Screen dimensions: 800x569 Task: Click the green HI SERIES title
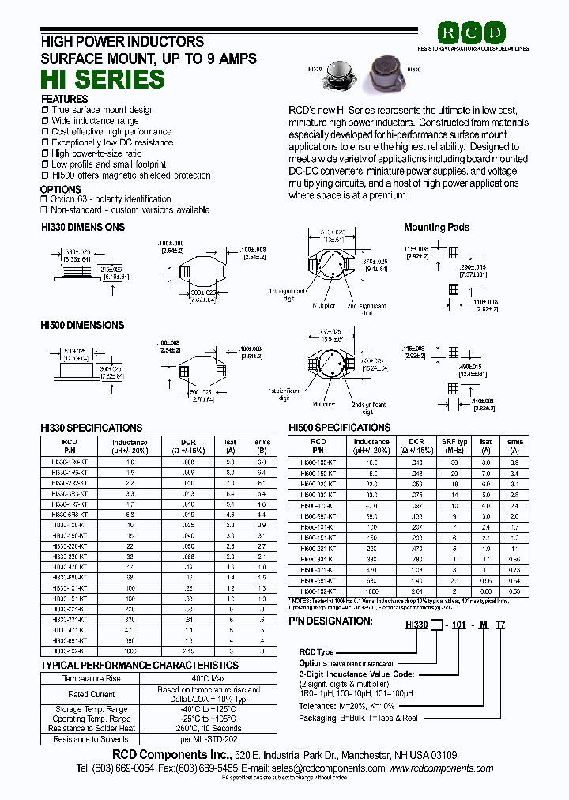coord(103,79)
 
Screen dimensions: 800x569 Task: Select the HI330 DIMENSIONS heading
coord(82,227)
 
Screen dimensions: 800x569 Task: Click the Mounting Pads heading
coord(436,227)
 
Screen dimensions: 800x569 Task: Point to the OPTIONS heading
coord(61,190)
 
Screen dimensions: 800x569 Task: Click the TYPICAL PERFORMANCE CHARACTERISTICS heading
coord(139,666)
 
